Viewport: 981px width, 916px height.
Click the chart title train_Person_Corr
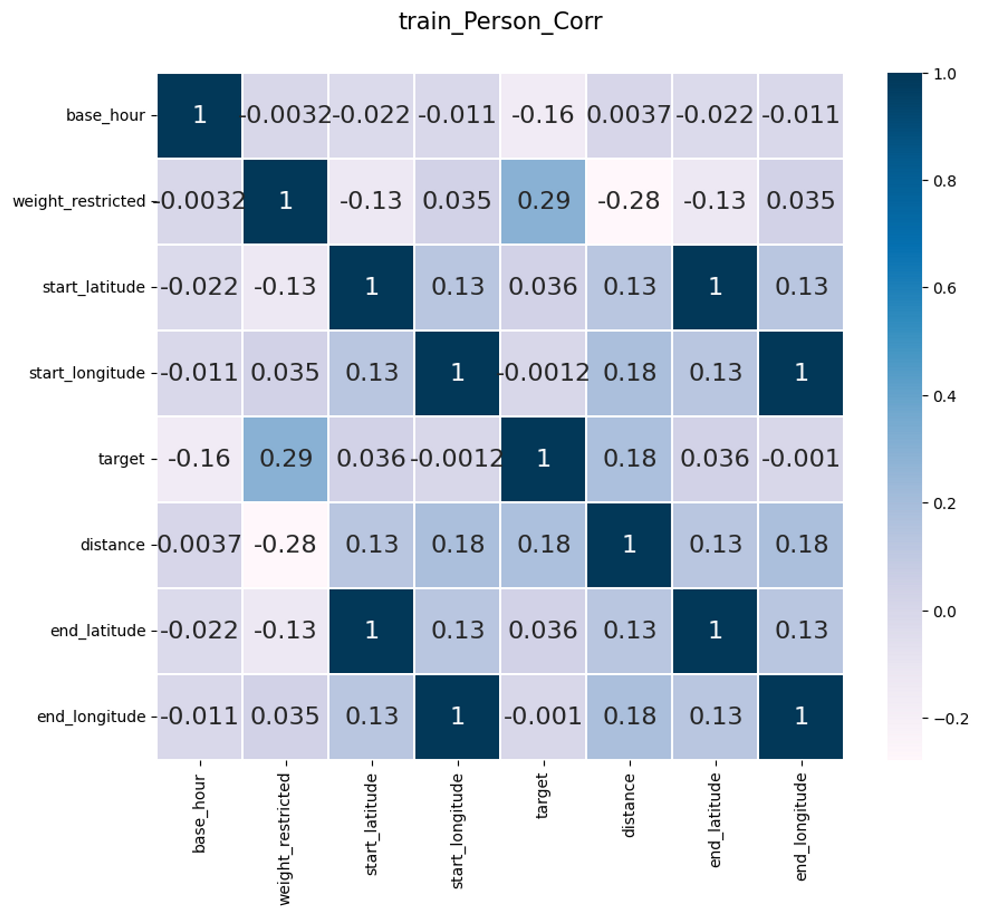[x=500, y=22]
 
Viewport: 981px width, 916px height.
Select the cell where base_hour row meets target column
[x=543, y=115]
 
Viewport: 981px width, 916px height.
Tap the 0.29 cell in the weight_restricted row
[x=543, y=201]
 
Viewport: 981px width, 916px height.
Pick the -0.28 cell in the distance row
[x=284, y=545]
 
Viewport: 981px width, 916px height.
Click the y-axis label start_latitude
[x=94, y=287]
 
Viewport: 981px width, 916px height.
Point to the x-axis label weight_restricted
[x=284, y=839]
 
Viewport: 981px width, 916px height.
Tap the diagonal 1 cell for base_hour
[x=199, y=115]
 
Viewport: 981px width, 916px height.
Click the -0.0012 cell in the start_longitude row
[x=543, y=373]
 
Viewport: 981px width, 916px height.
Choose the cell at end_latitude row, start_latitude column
[x=371, y=631]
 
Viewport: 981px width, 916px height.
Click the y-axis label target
[x=121, y=459]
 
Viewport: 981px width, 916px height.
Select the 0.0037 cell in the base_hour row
[x=629, y=115]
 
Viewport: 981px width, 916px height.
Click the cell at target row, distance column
[x=629, y=459]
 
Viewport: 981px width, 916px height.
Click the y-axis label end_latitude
[x=98, y=631]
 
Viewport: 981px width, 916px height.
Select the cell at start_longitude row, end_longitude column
[x=800, y=373]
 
